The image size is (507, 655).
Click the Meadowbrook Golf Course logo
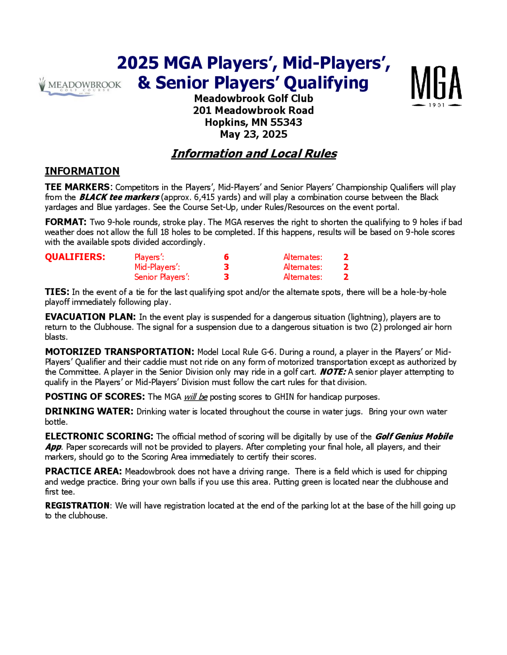point(80,86)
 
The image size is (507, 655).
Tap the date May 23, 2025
point(253,134)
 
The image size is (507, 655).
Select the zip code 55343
point(286,122)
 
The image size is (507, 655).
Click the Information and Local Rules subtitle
point(254,154)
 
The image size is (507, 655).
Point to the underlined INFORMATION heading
point(82,171)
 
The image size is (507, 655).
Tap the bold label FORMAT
point(65,222)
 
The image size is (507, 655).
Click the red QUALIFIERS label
point(75,257)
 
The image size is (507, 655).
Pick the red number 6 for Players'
point(226,257)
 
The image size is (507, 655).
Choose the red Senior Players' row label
point(161,277)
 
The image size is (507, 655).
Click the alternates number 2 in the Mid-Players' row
point(346,267)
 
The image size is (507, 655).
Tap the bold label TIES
point(57,292)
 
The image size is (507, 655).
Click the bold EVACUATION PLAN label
point(90,317)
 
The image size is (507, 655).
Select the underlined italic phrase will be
point(195,397)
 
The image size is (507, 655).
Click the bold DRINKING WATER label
point(89,412)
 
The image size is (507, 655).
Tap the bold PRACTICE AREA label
point(83,472)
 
